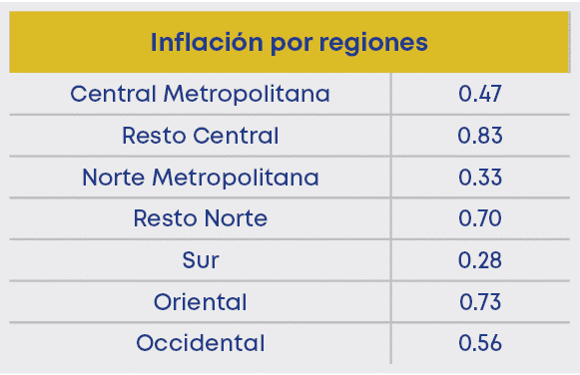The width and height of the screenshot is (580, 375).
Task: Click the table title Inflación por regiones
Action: coord(290,44)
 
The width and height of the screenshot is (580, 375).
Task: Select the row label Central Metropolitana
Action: coord(201,95)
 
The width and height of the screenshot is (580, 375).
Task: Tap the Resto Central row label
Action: coord(201,136)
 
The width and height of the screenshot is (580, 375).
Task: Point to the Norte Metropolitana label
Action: coord(201,178)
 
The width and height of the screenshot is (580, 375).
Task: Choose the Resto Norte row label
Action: coord(201,218)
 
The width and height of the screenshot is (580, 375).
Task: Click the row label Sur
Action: coord(201,260)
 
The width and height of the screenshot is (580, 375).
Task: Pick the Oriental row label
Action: coord(201,301)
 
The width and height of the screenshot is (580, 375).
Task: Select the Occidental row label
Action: coord(201,343)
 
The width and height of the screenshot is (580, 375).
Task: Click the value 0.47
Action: coord(479,95)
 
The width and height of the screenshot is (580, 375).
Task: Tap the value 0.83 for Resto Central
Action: coord(479,136)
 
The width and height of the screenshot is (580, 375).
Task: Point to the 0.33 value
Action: coord(479,178)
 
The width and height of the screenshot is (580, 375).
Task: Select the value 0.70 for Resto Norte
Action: coord(479,218)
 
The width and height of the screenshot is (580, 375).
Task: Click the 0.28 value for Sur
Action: coord(479,260)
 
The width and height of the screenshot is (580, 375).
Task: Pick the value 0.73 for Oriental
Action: coord(479,301)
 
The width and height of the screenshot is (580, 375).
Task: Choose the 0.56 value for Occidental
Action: coord(479,343)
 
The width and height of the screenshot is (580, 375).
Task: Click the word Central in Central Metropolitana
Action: coord(112,95)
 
